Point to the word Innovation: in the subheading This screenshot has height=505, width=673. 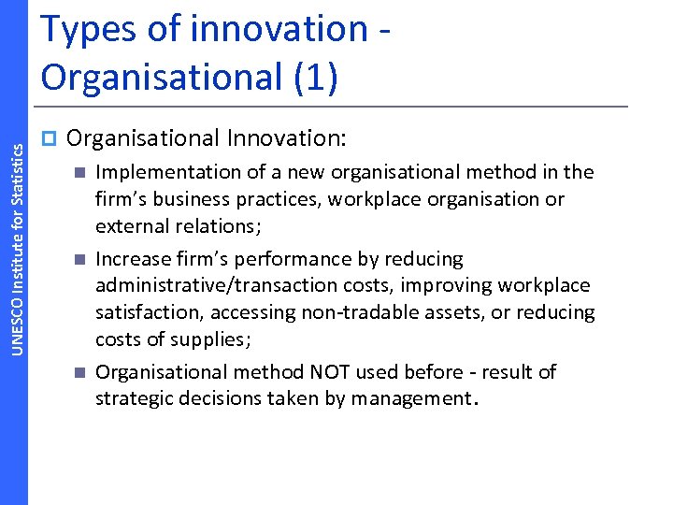[x=287, y=139]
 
